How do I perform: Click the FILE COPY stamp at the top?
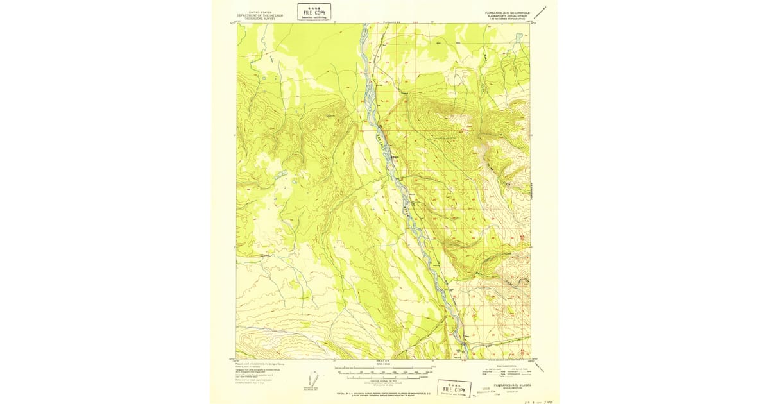coord(314,12)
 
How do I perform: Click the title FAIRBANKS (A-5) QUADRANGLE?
coord(506,12)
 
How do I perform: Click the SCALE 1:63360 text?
coord(383,365)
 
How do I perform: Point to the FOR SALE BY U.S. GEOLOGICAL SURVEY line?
coord(383,391)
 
